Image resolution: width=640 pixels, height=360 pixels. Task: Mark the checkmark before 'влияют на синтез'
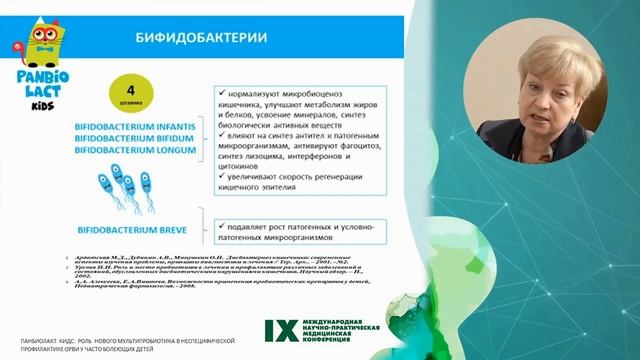[221, 133]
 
